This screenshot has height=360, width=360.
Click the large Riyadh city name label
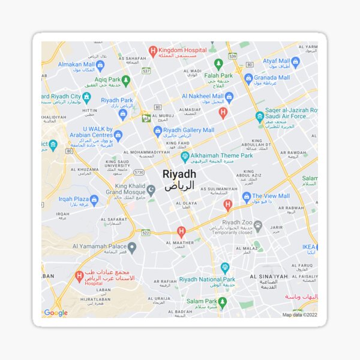tap(179, 174)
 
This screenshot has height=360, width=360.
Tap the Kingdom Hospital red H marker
tap(153, 51)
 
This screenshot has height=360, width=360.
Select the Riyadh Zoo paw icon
tap(258, 226)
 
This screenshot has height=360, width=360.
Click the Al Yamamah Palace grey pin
tap(132, 247)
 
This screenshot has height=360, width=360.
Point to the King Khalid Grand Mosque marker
tap(151, 190)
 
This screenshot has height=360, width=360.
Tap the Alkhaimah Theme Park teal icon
tap(185, 157)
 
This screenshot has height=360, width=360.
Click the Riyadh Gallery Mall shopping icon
tap(158, 130)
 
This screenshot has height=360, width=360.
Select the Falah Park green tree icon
tap(218, 64)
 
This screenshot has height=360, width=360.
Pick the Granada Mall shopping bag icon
tap(248, 78)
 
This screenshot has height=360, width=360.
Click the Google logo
tap(56, 313)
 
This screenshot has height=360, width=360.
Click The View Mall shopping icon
tap(246, 196)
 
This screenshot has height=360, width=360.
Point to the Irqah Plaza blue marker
tap(94, 199)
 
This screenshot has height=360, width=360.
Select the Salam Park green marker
tap(223, 301)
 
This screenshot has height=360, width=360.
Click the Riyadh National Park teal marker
tap(225, 268)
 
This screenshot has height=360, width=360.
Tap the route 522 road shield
tap(146, 232)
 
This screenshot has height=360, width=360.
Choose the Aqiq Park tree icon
tap(125, 79)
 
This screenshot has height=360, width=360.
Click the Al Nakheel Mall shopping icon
tap(229, 96)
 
